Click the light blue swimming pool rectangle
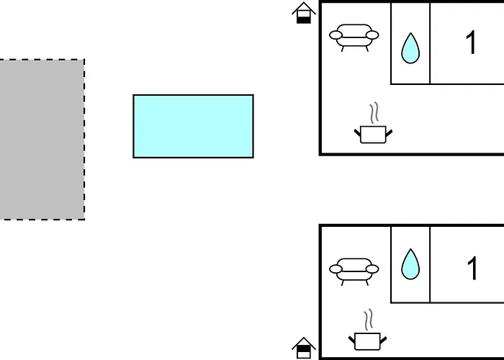(193, 126)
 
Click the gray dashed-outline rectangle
(42, 140)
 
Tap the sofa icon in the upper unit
(354, 37)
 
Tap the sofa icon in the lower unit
(354, 271)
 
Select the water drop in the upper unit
(410, 49)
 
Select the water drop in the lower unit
(410, 265)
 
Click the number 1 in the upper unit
(471, 42)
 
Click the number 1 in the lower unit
(472, 268)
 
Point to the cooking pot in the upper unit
(373, 135)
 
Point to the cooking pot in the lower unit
(368, 341)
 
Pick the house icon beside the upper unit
(304, 12)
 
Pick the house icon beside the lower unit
(304, 348)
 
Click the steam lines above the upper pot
(374, 113)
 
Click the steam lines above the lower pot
(369, 320)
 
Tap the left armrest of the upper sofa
(336, 35)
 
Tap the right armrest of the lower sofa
(372, 269)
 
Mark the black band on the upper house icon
(304, 20)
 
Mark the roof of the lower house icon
(304, 342)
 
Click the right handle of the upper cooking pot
(389, 132)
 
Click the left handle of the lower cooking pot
(352, 339)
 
